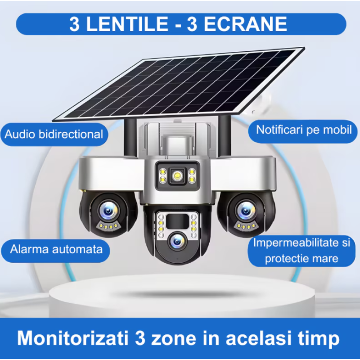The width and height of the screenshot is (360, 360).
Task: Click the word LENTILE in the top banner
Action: (x=127, y=24)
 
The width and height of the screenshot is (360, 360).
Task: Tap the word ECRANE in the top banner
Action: (x=245, y=24)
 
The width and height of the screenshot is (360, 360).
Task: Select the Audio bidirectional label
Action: (x=54, y=134)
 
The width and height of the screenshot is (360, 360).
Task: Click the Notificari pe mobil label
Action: (x=303, y=130)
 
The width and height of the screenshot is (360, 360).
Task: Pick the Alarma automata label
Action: (x=56, y=250)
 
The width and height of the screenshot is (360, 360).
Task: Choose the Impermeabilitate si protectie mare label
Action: (x=301, y=251)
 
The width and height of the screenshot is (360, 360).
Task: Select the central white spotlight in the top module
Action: (x=177, y=176)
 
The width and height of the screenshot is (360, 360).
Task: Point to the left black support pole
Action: (x=130, y=137)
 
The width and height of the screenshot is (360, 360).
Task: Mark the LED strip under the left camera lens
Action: (x=108, y=226)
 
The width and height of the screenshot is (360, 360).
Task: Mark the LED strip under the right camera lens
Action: (x=246, y=226)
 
